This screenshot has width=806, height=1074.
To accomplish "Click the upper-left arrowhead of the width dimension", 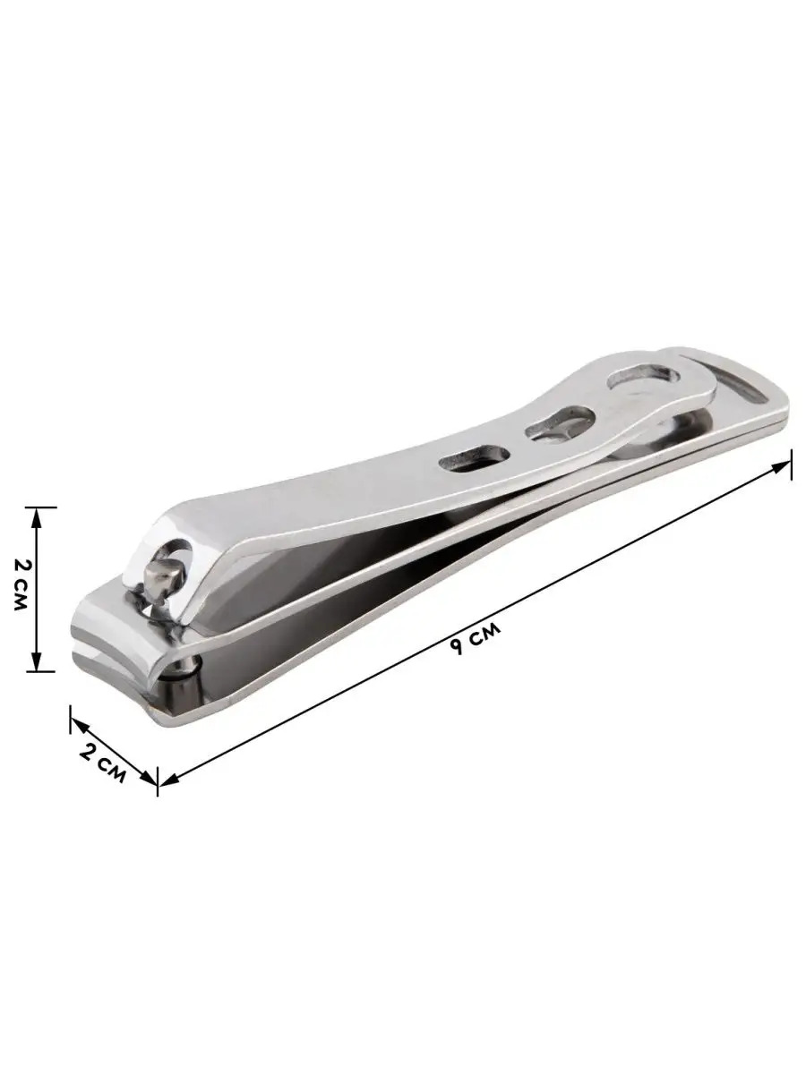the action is tap(78, 726).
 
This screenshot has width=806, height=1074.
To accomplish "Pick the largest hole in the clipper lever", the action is tap(643, 379).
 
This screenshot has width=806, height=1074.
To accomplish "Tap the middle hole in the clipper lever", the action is tap(560, 422).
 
